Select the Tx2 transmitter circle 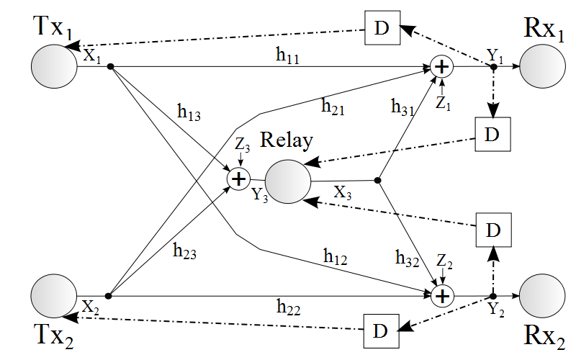tap(54, 296)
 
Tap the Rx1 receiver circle tap(541, 67)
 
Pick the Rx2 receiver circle tap(541, 296)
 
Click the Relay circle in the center tap(288, 181)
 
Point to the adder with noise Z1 tap(441, 67)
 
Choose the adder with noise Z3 tap(238, 178)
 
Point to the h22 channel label tap(290, 307)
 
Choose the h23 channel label tap(185, 251)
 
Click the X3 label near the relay tap(344, 193)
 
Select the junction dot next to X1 tap(110, 67)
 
